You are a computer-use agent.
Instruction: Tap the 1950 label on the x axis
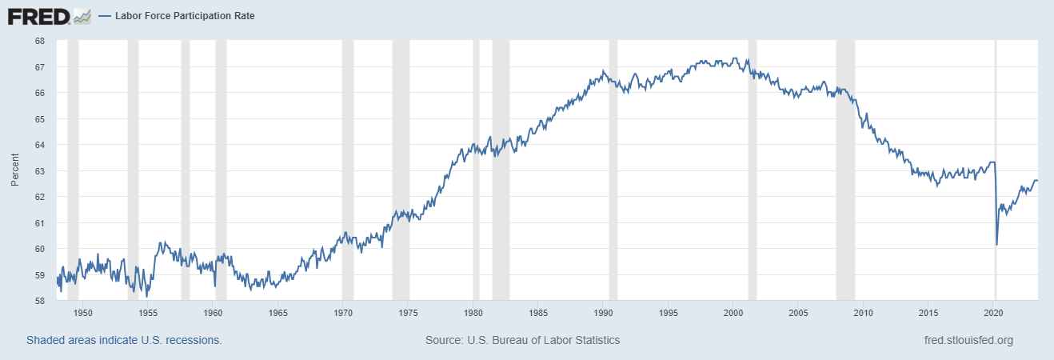click(83, 313)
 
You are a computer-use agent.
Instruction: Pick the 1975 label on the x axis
click(408, 313)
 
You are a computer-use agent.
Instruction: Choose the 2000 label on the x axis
click(733, 313)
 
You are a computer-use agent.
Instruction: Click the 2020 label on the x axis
click(993, 313)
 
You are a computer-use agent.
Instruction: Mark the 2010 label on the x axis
click(863, 313)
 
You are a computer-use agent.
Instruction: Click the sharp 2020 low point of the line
click(996, 244)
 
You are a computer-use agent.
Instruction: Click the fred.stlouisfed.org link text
click(968, 340)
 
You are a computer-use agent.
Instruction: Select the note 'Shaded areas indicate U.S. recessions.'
click(124, 340)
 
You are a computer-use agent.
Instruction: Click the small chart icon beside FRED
click(82, 15)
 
